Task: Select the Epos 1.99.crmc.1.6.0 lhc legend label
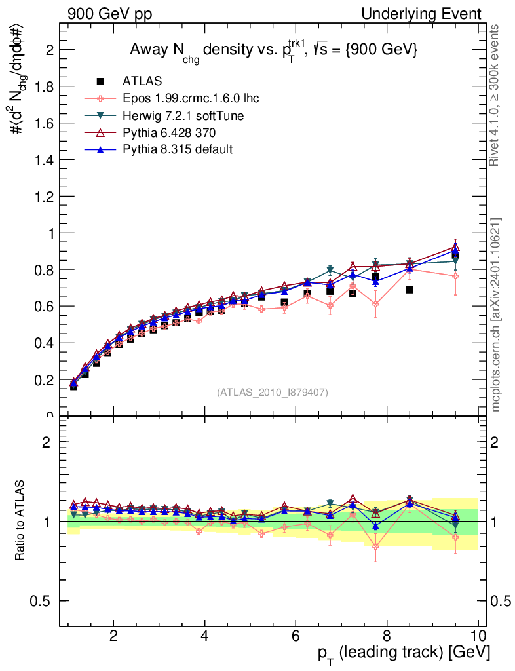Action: click(x=191, y=98)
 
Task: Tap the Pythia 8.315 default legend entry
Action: click(x=177, y=150)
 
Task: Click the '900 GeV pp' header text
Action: click(x=109, y=14)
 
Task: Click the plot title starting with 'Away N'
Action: click(x=273, y=50)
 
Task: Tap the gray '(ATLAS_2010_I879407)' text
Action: click(x=273, y=392)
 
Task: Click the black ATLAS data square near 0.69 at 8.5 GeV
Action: click(x=410, y=289)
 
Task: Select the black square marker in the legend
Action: click(x=100, y=81)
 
